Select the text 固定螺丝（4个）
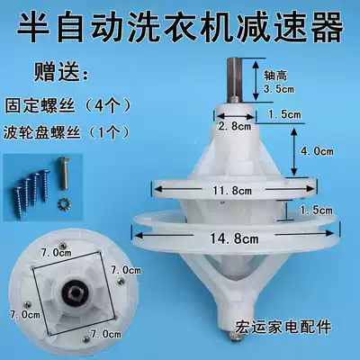(67, 105)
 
